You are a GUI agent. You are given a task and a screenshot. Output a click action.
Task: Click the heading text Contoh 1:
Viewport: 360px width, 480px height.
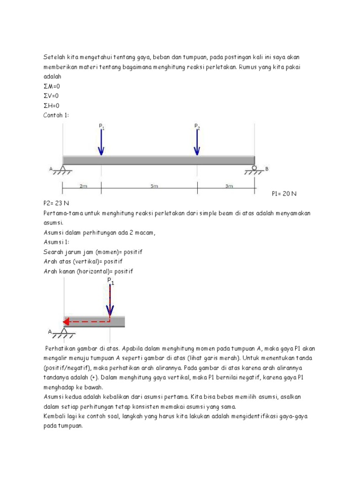click(56, 115)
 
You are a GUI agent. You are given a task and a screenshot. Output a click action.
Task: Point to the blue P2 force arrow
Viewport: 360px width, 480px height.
click(197, 142)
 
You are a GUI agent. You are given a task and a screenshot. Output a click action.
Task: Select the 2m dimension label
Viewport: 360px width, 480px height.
click(83, 186)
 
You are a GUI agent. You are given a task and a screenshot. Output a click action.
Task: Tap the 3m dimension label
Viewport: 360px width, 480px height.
click(229, 186)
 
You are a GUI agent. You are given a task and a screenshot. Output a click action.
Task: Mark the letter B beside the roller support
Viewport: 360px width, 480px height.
click(267, 169)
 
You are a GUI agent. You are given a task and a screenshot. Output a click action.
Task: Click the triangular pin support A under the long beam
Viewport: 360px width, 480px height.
click(63, 169)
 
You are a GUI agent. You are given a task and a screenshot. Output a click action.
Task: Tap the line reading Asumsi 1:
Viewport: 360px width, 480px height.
click(56, 242)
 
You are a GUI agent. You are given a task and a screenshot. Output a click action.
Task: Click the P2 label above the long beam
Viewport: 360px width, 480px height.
click(197, 126)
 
